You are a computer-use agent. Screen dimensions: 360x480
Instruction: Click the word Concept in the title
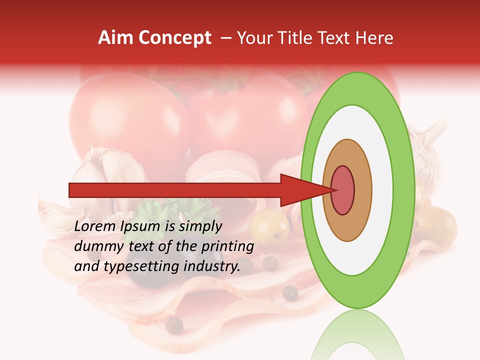[174, 38]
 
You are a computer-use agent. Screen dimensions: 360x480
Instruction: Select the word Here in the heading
[375, 38]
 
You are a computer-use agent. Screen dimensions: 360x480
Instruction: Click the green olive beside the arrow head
[269, 226]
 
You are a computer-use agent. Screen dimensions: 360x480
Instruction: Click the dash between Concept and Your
[225, 38]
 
